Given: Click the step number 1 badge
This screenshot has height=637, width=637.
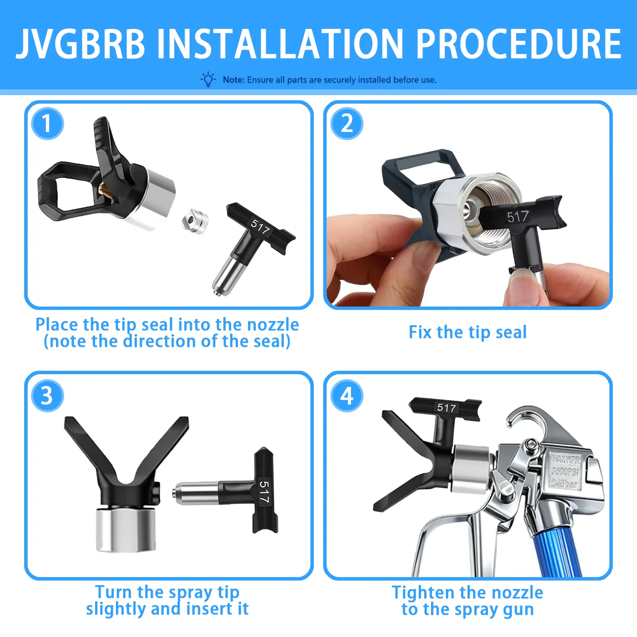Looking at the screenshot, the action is tap(47, 124).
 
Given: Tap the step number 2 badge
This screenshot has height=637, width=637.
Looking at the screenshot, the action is tap(347, 124).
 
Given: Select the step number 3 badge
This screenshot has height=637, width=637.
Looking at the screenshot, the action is tap(47, 396).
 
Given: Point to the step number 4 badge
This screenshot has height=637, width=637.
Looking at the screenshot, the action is tap(347, 396).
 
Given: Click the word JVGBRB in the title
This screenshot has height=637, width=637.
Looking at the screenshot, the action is tap(81, 44).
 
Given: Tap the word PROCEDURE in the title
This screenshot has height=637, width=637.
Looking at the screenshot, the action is tap(519, 44).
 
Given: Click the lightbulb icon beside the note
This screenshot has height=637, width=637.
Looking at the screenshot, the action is tap(208, 79).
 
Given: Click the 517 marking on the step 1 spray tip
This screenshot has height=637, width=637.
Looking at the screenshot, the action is tap(260, 227).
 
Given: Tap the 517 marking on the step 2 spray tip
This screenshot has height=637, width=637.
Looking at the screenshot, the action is tap(518, 217).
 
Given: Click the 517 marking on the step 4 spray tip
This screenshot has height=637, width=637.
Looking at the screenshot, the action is tap(447, 408).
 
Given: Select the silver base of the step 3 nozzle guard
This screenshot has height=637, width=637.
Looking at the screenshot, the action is tap(126, 530).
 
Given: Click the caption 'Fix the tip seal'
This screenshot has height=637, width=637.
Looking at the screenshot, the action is tap(468, 332).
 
